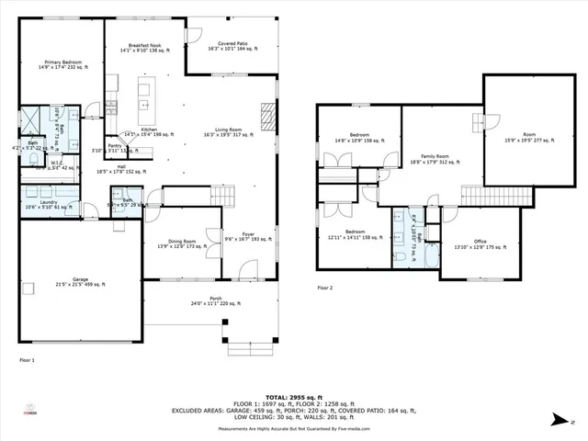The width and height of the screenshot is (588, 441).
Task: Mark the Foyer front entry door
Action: [x=246, y=271]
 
